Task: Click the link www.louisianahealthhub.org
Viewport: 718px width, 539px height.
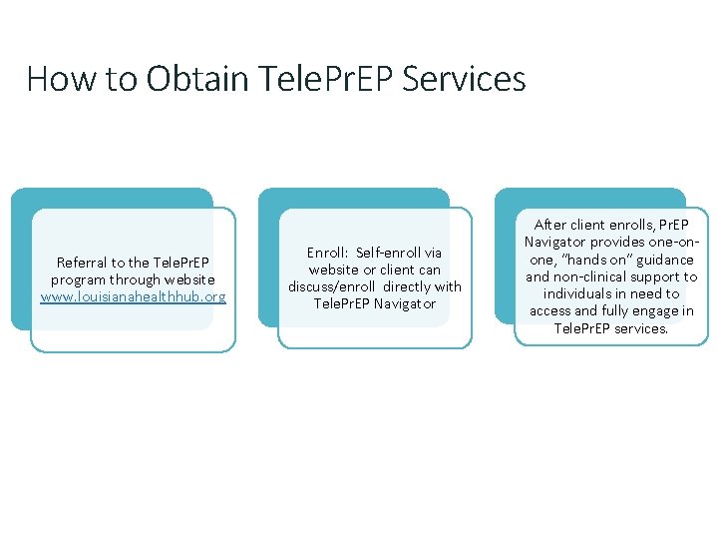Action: tap(133, 296)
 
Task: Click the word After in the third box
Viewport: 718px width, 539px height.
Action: tap(551, 226)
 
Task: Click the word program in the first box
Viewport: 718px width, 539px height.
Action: tap(78, 279)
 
